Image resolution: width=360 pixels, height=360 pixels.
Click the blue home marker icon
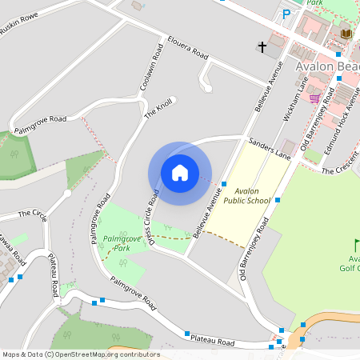click(180, 172)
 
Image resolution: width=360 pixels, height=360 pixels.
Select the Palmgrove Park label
click(117, 243)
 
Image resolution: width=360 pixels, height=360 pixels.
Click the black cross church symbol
click(262, 47)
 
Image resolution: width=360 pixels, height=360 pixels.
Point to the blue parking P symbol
click(286, 14)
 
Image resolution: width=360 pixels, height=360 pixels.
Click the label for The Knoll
click(158, 109)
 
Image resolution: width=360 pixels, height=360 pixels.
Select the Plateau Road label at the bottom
click(213, 341)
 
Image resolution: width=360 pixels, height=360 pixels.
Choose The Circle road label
click(33, 214)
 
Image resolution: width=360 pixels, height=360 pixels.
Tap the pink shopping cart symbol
click(314, 99)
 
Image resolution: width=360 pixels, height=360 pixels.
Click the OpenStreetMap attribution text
click(81, 354)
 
